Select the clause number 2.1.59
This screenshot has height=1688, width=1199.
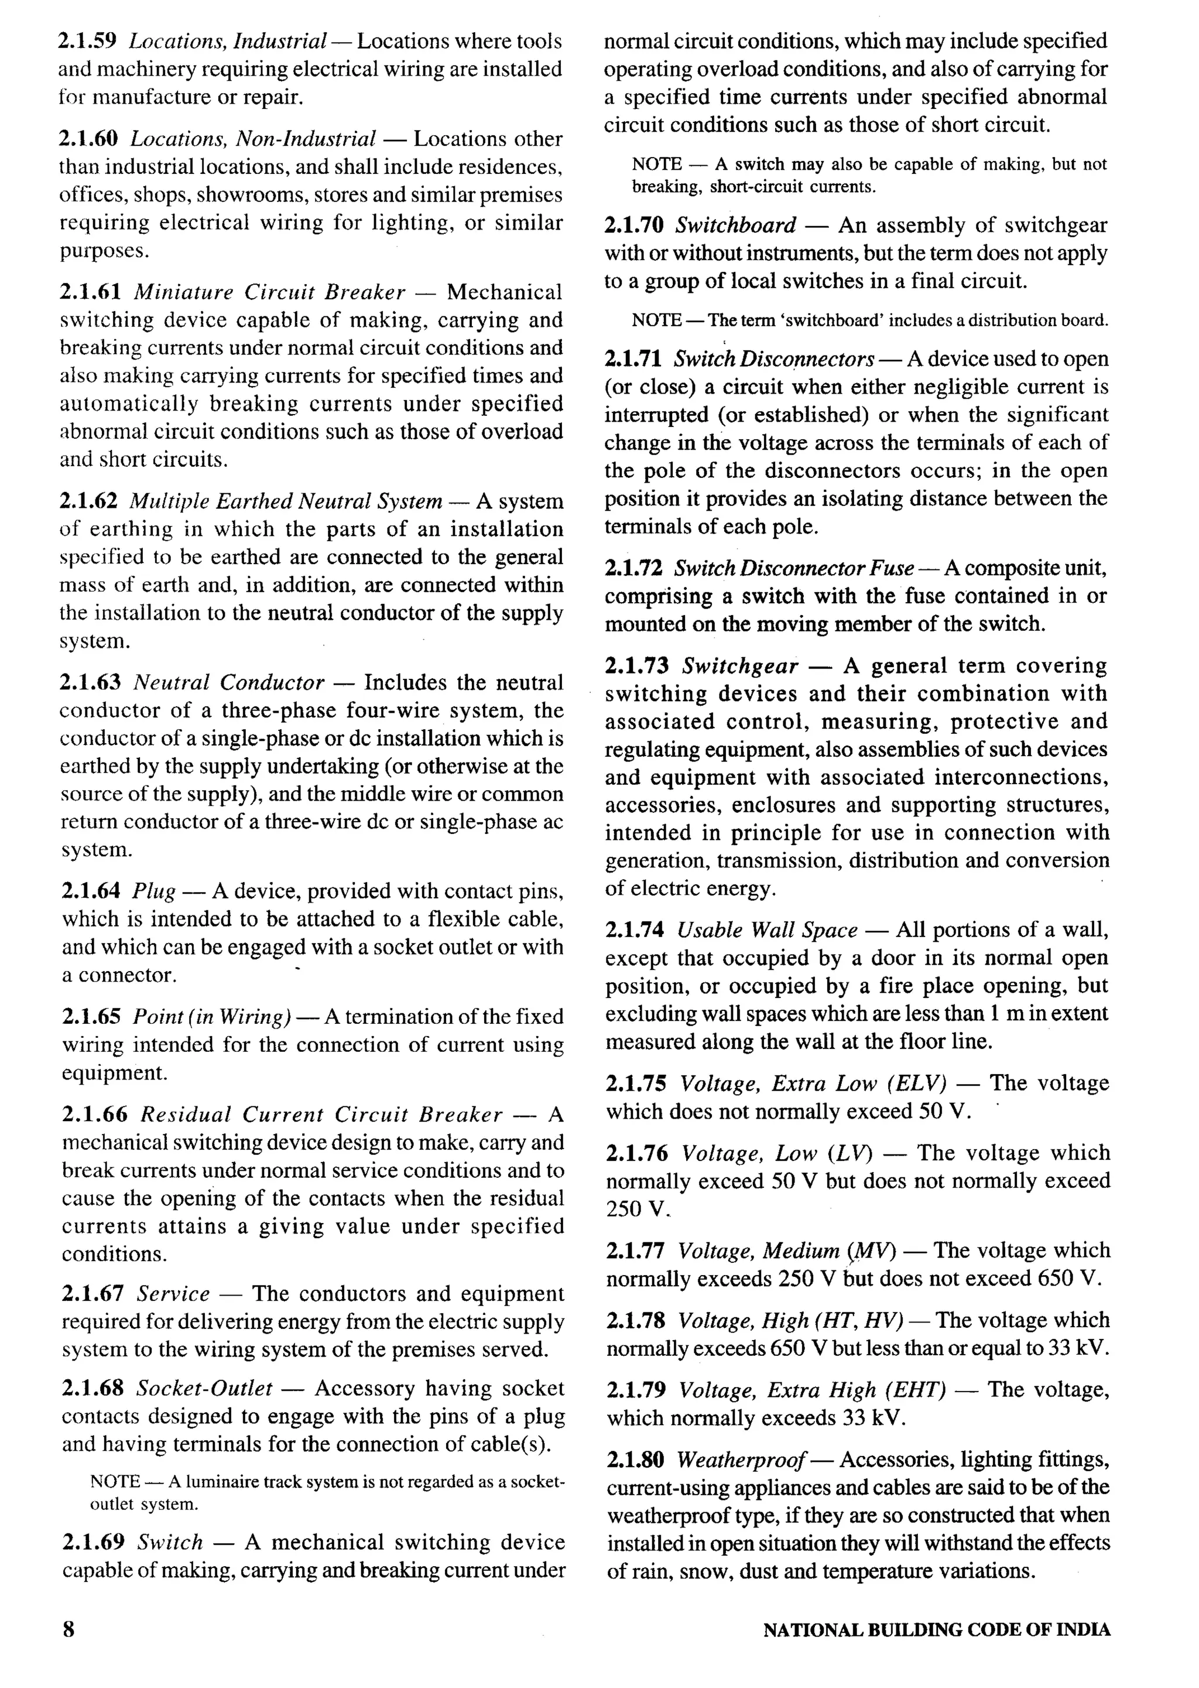pyautogui.click(x=87, y=42)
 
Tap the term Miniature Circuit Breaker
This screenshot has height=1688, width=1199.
pyautogui.click(x=269, y=292)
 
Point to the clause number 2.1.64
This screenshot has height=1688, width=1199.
pyautogui.click(x=90, y=891)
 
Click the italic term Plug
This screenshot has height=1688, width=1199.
pyautogui.click(x=153, y=892)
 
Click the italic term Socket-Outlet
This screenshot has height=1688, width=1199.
pyautogui.click(x=204, y=1388)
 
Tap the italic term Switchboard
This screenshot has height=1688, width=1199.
pyautogui.click(x=735, y=225)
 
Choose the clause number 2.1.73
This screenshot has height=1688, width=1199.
pyautogui.click(x=636, y=666)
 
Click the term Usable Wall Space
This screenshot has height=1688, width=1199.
pyautogui.click(x=767, y=930)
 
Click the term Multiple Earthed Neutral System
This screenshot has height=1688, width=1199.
pyautogui.click(x=286, y=501)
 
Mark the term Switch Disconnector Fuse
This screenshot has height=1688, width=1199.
pyautogui.click(x=794, y=569)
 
